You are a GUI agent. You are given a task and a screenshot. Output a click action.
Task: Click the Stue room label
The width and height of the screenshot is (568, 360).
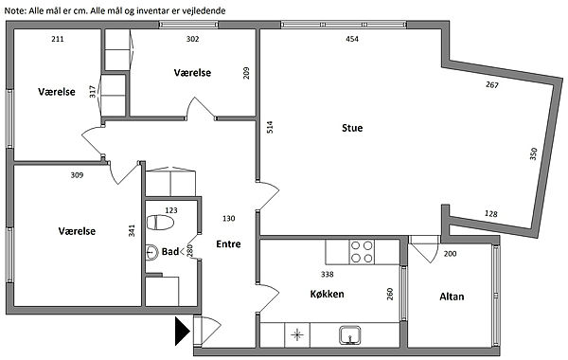tap(352, 128)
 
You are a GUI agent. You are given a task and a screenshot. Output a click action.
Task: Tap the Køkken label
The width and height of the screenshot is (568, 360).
tap(328, 294)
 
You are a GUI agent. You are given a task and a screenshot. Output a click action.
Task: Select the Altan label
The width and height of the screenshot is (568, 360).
tap(452, 297)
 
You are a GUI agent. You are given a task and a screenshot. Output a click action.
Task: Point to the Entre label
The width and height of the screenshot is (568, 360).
tap(228, 244)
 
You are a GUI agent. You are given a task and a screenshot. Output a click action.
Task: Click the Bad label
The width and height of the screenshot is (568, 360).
tap(169, 252)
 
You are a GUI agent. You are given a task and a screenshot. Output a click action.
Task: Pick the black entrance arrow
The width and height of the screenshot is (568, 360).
tap(183, 331)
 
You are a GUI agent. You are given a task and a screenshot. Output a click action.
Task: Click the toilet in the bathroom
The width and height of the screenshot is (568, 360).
tap(160, 223)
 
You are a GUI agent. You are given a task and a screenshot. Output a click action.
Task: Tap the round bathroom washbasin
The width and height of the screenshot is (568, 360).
tap(151, 252)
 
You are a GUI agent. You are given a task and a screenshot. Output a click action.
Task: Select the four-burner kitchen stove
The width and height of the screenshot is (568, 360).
tap(362, 252)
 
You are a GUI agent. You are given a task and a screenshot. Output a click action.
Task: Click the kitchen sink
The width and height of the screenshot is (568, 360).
tap(350, 335)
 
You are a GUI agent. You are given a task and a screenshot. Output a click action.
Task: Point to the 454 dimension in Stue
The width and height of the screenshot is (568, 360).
tap(352, 39)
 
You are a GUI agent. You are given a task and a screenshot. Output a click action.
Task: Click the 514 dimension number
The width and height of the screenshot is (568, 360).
tap(270, 127)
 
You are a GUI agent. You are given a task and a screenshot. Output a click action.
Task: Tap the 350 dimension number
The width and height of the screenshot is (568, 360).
tap(533, 153)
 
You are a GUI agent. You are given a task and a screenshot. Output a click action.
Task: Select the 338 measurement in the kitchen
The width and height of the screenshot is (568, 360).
tap(328, 275)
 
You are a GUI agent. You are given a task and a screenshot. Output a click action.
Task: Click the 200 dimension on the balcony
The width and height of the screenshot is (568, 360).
tap(450, 254)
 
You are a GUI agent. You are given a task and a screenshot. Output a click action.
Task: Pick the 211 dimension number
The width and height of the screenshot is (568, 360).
tap(58, 39)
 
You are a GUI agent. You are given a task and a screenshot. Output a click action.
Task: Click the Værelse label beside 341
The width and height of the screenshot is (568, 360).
tap(77, 231)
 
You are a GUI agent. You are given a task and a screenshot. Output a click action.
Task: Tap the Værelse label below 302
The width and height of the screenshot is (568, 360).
tap(192, 73)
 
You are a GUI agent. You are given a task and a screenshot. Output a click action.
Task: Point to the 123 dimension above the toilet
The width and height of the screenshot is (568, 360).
tap(171, 210)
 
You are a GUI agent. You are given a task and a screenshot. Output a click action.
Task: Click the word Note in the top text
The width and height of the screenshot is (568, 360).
tap(15, 10)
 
